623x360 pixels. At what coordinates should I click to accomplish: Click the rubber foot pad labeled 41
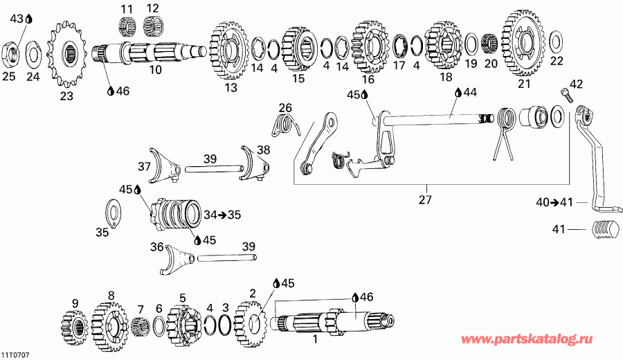point(604,228)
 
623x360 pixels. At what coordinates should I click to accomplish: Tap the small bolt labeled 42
point(566,95)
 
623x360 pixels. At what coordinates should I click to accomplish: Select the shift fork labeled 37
point(163,164)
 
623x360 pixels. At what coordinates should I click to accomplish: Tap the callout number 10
point(155,69)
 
